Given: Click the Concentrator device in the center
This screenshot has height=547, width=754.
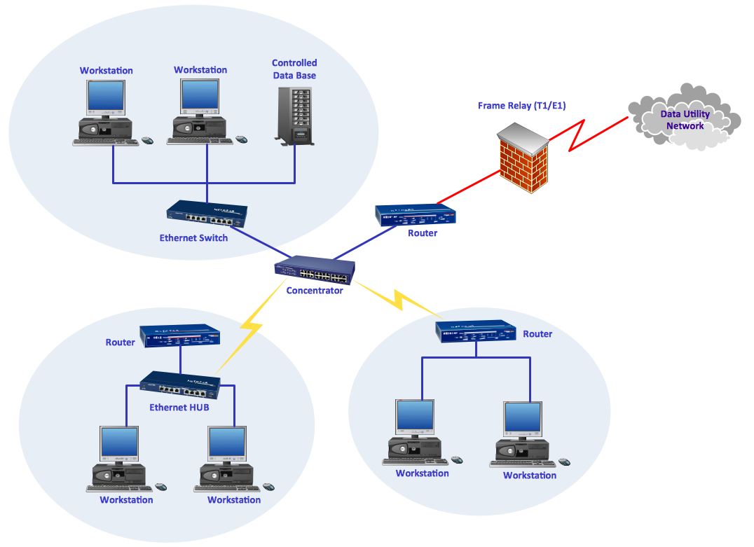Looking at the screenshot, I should point(315,269).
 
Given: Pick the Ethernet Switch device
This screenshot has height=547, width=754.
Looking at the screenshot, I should point(207,214).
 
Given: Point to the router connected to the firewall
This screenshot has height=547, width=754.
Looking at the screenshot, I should point(415,214).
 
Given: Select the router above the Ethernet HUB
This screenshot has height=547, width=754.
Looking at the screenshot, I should point(180,337).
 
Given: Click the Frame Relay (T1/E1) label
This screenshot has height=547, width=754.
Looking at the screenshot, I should point(521,106).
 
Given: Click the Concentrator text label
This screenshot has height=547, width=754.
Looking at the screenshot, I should point(315,291).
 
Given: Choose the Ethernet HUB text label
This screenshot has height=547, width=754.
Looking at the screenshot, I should point(179,407).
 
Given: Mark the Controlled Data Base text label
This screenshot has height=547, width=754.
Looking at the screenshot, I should point(294,69).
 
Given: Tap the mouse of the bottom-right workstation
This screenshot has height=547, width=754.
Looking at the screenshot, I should point(564,462).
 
